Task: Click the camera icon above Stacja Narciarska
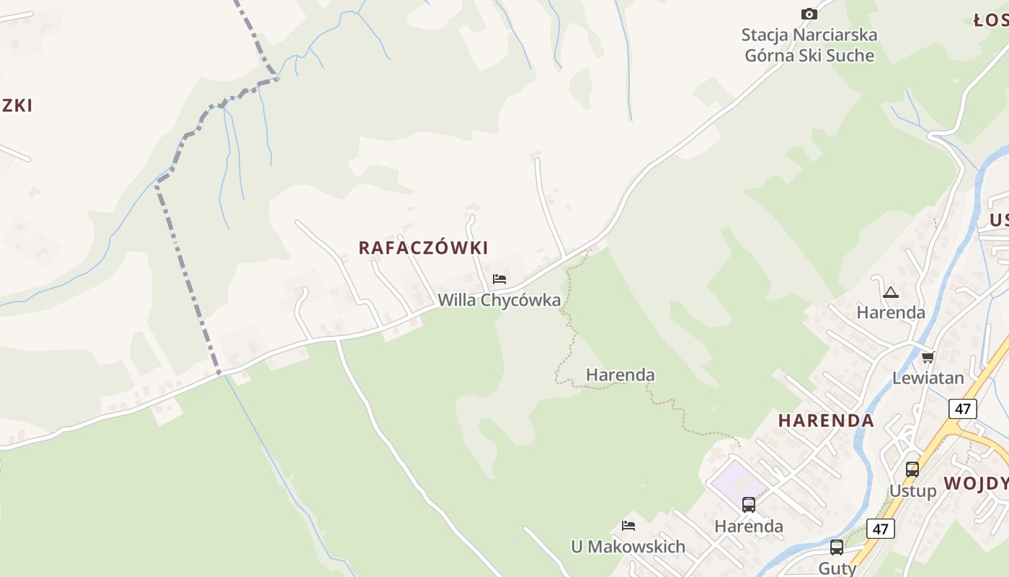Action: coord(809,14)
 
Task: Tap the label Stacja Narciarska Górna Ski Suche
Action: coord(809,45)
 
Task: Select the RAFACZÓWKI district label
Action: coord(423,247)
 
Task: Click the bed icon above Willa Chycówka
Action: coord(499,279)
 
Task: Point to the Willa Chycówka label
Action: coord(499,300)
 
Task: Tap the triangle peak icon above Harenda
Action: coord(891,292)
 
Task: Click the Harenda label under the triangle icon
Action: coord(891,312)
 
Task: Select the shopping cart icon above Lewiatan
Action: coord(928,357)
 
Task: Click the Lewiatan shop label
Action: coord(928,378)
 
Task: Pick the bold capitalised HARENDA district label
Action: coord(826,420)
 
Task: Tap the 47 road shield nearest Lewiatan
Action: coord(963,409)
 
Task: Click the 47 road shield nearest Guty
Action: coord(880,529)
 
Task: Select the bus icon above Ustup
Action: coord(912,470)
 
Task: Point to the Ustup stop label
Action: coord(912,491)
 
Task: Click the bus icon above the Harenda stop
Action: coord(749,505)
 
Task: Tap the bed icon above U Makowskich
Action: coord(628,526)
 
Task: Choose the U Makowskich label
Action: coord(628,547)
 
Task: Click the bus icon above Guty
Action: coord(836,547)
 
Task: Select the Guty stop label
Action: coord(837,568)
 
